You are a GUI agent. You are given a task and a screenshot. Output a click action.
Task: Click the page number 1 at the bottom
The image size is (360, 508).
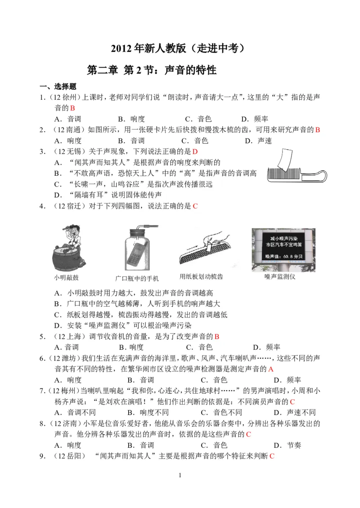(180, 475)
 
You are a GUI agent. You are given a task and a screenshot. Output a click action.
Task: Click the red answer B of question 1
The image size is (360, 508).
(72, 108)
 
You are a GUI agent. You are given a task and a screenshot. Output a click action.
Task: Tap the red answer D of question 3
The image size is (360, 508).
(195, 152)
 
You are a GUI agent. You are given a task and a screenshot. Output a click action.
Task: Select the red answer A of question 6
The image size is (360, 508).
(271, 369)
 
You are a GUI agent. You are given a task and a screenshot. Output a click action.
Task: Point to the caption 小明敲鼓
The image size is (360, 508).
(66, 278)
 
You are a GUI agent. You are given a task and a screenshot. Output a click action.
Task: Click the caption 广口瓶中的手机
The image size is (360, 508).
(137, 278)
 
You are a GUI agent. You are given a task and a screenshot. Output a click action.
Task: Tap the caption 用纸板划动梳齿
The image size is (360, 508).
(201, 276)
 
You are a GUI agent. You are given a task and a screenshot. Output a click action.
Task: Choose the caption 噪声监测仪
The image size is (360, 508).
(279, 276)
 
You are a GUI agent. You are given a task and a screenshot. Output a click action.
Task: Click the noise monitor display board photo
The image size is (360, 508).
(283, 250)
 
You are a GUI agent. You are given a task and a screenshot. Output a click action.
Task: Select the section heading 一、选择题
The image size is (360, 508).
(58, 86)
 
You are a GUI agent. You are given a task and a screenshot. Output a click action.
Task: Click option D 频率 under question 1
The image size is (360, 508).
(255, 119)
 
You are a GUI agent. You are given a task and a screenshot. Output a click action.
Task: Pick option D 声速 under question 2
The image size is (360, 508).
(258, 141)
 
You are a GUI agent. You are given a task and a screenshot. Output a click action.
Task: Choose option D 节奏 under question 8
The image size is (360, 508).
(288, 445)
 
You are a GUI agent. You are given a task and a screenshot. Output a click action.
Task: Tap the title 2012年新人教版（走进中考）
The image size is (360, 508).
(178, 48)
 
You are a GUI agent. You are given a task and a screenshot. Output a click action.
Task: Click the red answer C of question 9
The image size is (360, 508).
(272, 456)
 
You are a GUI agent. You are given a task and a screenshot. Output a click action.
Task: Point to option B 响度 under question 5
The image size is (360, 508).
(131, 348)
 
